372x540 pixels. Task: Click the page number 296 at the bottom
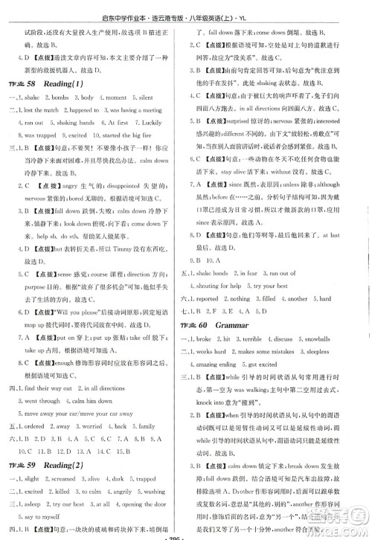pyautogui.click(x=185, y=535)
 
